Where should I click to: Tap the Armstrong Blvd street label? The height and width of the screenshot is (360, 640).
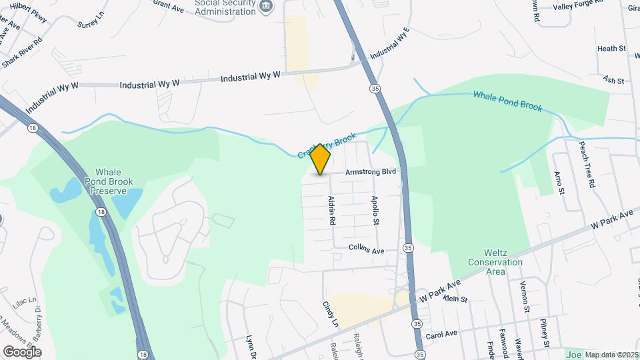coord(371,172)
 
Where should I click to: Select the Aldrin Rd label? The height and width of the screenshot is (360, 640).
coord(331,210)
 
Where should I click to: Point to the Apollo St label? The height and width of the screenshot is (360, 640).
coord(376,210)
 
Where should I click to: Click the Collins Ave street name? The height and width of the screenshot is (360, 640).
coord(367,249)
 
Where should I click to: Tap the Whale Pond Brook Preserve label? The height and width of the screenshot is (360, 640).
coord(105,181)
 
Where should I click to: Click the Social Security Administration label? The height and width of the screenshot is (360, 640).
coord(225,7)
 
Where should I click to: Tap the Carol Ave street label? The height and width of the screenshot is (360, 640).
coord(441,333)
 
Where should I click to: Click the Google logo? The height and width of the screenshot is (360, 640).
coord(22,351)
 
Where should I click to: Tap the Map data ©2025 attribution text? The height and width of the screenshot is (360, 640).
coord(611,355)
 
